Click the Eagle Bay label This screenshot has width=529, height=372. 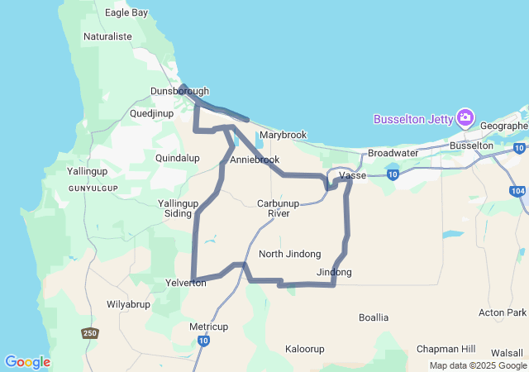coord(126,13)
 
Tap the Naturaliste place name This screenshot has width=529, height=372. coord(107,36)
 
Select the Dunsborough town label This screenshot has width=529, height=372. coord(179,91)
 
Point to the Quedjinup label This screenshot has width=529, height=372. coord(153,112)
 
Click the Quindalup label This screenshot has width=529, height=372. coord(178,157)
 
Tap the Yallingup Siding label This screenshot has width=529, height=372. coord(179,207)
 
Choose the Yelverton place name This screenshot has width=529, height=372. coord(186,282)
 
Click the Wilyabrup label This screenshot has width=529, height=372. coord(127,304)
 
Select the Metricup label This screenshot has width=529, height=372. coord(208,327)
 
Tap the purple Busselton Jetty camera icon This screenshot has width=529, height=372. coord(465,118)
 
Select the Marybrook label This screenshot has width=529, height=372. coord(283,135)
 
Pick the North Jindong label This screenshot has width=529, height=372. coord(289,254)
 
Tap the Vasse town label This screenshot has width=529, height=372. coord(353,175)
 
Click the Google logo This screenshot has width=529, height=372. coord(26,362)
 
